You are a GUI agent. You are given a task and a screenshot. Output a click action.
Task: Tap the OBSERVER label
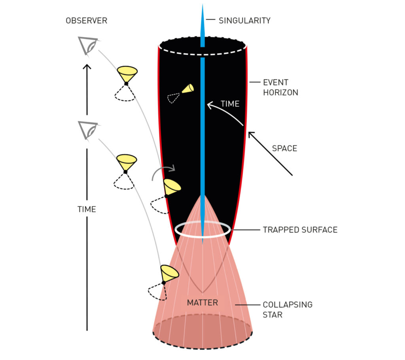[x=86, y=21]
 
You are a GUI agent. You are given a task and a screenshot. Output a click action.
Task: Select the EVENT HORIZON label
[x=280, y=87]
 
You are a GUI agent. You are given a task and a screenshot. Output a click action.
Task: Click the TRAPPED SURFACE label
[x=300, y=230]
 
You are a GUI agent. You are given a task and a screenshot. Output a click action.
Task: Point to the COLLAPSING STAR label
[x=288, y=310]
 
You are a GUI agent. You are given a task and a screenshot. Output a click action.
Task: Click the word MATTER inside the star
[x=202, y=303]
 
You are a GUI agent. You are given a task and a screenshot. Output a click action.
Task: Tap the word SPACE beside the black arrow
[x=284, y=149]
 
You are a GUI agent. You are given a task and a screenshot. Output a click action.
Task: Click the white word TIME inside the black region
[x=230, y=104]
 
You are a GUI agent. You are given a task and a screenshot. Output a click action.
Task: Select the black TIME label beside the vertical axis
[x=87, y=209]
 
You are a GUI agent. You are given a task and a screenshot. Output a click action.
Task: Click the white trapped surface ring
[x=202, y=230]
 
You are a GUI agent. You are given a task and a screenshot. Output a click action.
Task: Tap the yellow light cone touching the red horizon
[x=172, y=187]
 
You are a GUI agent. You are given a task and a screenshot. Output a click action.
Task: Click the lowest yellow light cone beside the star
[x=169, y=273]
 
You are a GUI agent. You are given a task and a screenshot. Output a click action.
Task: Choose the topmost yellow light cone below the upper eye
[x=127, y=74]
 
